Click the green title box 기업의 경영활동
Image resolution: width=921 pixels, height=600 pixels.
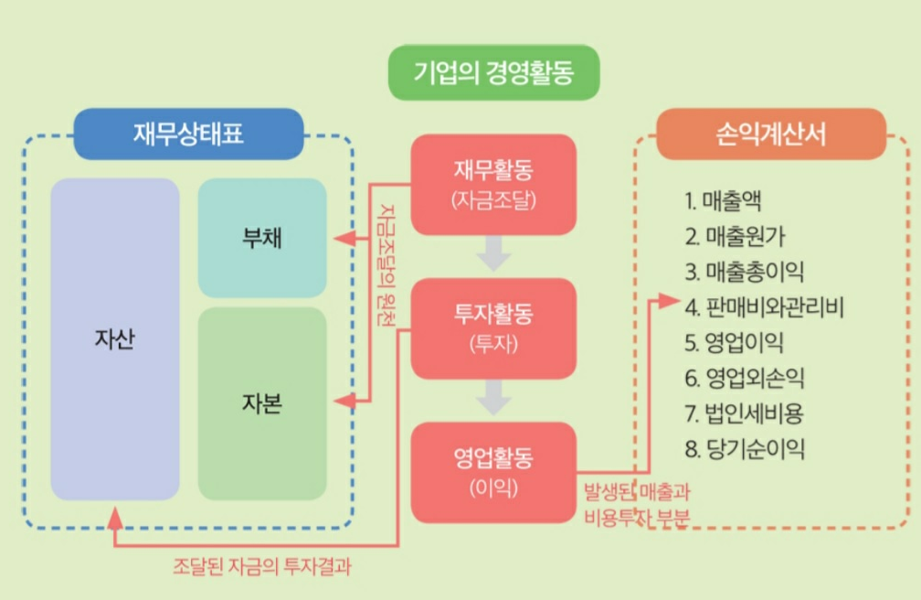[x=494, y=72]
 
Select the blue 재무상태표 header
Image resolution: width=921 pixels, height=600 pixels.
[x=187, y=134]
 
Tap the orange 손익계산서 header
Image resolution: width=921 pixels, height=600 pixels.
[x=771, y=134]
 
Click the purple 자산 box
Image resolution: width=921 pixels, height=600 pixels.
[x=114, y=338]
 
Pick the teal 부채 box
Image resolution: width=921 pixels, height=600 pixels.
[x=262, y=238]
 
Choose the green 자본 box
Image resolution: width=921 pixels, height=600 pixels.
[x=262, y=403]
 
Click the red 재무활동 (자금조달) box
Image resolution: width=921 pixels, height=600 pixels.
[x=493, y=184]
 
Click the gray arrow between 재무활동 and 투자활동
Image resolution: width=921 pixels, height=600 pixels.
[x=493, y=254]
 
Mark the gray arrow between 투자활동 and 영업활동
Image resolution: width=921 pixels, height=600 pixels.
[x=493, y=399]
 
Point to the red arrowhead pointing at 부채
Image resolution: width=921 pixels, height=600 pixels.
[x=342, y=239]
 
